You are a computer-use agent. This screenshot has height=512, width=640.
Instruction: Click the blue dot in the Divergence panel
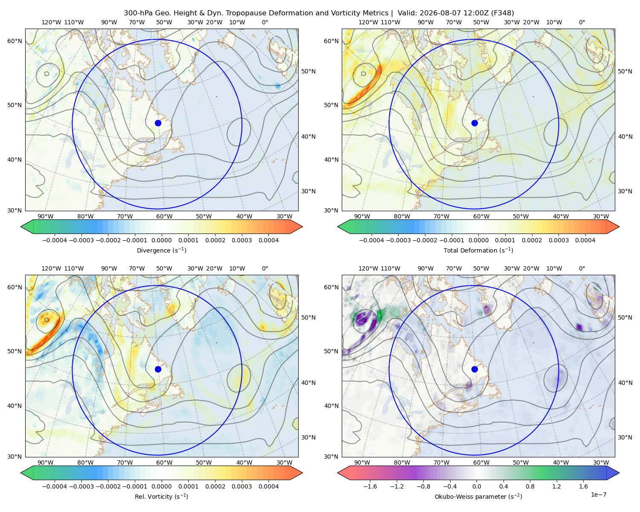click(x=158, y=123)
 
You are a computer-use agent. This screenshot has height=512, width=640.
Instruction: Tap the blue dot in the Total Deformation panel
click(x=474, y=123)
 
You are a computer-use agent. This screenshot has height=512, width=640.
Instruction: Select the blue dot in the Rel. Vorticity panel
click(x=158, y=369)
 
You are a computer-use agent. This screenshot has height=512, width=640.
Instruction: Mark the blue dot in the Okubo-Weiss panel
click(x=474, y=369)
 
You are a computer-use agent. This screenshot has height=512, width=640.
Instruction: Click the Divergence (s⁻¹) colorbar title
click(x=161, y=250)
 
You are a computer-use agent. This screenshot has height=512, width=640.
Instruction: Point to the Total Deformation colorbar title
click(x=478, y=250)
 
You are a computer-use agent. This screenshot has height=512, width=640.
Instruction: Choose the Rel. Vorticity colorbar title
click(x=161, y=496)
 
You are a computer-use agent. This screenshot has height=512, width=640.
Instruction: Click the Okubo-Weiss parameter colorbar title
click(x=478, y=496)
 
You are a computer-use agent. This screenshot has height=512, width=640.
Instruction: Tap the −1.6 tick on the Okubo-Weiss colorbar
click(x=370, y=486)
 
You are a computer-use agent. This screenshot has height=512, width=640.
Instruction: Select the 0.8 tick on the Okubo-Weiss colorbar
click(x=530, y=486)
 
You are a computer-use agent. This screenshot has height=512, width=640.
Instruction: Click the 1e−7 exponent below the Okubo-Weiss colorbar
click(x=598, y=495)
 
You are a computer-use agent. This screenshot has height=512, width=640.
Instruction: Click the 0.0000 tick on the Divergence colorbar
click(x=161, y=240)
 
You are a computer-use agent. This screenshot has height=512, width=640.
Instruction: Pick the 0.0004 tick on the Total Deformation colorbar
click(x=585, y=240)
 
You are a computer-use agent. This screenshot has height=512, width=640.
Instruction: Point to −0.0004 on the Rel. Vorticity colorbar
click(x=55, y=486)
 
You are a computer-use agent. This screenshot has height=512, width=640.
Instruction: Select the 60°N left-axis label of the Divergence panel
click(x=15, y=41)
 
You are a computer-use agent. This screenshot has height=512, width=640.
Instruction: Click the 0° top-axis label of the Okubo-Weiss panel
click(x=582, y=268)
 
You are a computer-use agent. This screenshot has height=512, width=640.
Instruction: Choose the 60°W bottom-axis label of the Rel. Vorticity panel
click(x=164, y=463)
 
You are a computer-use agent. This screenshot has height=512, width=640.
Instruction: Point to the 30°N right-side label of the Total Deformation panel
click(x=625, y=191)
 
